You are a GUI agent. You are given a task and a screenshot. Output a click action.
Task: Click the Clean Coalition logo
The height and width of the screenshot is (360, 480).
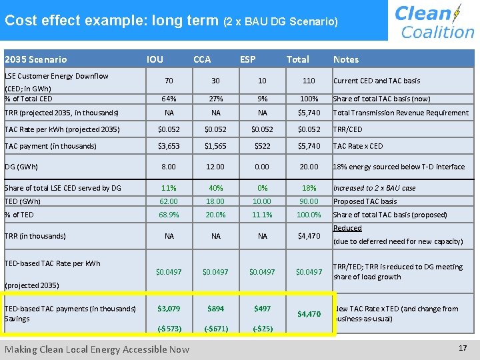click(x=434, y=21)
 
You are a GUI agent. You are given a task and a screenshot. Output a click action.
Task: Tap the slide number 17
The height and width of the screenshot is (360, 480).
click(x=463, y=348)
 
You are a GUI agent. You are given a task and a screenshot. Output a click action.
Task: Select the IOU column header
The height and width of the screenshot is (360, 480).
click(x=155, y=59)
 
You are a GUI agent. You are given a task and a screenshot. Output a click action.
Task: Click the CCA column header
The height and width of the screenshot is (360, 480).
click(x=202, y=59)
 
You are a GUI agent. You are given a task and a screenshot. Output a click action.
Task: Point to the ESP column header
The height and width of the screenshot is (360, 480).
click(x=248, y=59)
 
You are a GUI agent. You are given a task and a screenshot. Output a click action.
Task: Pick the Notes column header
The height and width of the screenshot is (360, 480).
click(x=345, y=59)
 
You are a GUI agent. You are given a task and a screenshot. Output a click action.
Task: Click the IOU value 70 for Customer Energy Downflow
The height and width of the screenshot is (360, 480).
click(x=169, y=81)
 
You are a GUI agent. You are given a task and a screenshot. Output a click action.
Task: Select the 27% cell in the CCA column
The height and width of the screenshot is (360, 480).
click(x=215, y=99)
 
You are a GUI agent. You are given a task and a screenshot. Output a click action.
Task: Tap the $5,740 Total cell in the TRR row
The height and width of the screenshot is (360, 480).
click(x=309, y=113)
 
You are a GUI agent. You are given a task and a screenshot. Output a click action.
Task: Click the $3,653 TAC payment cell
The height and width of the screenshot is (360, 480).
click(x=169, y=146)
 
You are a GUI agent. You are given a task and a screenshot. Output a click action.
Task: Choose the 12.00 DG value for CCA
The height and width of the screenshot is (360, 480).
click(x=215, y=167)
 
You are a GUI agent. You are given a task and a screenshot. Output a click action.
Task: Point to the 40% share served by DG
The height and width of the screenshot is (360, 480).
click(x=215, y=188)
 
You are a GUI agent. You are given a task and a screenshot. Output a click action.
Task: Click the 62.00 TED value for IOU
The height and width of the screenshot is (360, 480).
click(x=169, y=201)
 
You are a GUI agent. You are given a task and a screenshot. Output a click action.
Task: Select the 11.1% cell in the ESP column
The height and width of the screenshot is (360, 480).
click(x=262, y=215)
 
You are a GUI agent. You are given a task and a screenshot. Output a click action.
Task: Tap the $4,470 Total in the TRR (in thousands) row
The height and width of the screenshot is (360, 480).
click(x=309, y=235)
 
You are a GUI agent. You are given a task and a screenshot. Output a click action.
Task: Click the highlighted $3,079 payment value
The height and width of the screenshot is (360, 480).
click(x=169, y=309)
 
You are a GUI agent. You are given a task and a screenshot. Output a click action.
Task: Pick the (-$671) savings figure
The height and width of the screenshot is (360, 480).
click(x=215, y=329)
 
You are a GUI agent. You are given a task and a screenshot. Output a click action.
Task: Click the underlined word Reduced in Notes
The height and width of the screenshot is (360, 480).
click(x=347, y=228)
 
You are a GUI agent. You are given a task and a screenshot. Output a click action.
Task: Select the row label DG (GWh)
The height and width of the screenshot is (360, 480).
click(x=21, y=167)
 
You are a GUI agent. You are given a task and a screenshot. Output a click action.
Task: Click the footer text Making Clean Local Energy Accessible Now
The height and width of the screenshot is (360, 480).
click(x=97, y=349)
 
